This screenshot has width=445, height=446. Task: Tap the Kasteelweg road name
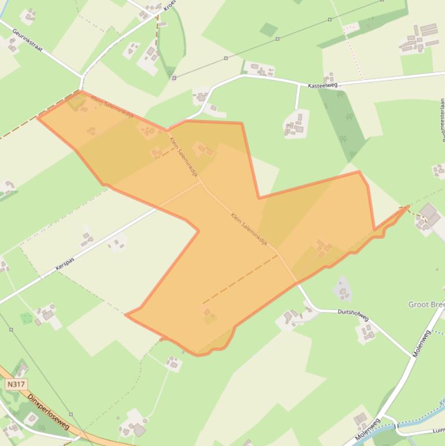[322, 86]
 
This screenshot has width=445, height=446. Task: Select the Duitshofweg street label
[353, 315]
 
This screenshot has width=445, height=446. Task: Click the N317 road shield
[16, 384]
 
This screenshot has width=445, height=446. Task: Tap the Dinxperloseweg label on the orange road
[49, 411]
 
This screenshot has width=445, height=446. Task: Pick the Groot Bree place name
[426, 305]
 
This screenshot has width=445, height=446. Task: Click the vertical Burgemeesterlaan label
[442, 119]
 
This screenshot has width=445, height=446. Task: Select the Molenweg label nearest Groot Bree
[422, 343]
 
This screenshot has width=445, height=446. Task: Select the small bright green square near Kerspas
[26, 318]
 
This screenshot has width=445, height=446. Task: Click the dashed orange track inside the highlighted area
[240, 279]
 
